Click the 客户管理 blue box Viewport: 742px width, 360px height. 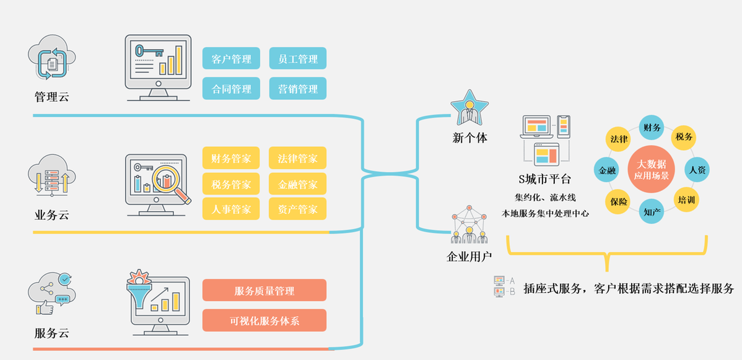[231, 59]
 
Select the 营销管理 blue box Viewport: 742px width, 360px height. [298, 89]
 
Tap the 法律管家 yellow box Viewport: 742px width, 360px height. [298, 158]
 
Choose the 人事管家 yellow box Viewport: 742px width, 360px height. [231, 209]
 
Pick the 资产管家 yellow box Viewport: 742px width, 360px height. [298, 209]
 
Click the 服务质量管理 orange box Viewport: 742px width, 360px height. [264, 291]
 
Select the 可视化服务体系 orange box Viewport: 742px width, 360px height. [264, 320]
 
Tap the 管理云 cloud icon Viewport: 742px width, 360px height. [51, 60]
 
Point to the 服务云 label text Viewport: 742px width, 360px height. [51, 333]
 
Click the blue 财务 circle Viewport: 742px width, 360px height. [652, 128]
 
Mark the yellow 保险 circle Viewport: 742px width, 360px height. [618, 201]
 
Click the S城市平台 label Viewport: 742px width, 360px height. [545, 180]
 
